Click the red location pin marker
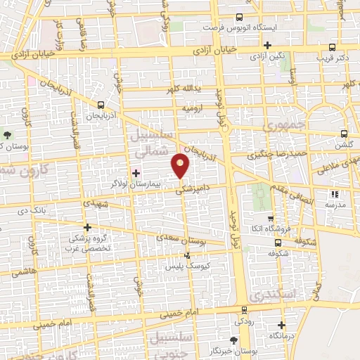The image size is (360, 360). tap(181, 166)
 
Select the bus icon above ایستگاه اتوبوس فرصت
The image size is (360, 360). tap(239, 16)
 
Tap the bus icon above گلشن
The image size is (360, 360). tap(343, 134)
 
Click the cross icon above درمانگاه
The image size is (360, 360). tap(281, 325)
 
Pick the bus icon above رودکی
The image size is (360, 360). tap(243, 310)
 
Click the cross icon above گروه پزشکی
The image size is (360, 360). tap(87, 227)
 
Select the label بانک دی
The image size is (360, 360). tap(34, 210)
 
